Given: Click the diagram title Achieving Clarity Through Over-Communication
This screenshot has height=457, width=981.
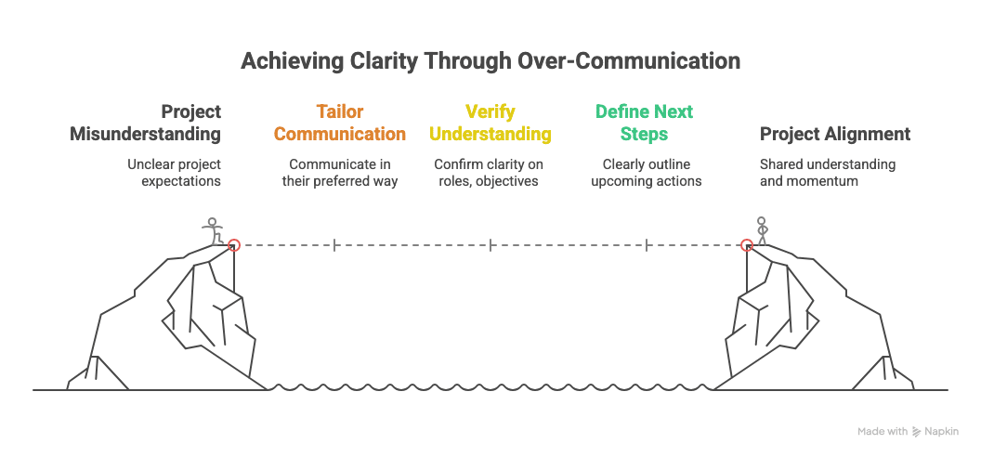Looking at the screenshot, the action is coord(490,61).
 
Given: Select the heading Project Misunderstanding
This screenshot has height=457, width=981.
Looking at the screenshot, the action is coord(145,123).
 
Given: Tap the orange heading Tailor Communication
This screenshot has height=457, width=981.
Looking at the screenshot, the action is coord(340,123).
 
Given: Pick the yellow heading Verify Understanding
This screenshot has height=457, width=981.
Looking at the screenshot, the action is coord(490,123).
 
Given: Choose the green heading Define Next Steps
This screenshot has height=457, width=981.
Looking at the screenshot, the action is coord(644,123).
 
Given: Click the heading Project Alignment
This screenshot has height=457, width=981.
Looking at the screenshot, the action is coord(835,134).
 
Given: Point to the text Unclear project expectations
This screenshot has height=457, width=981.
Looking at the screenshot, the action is coord(174,173).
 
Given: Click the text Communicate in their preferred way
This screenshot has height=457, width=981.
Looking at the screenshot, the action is coord(340,173).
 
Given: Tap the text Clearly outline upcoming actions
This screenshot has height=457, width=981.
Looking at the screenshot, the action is coord(647,173).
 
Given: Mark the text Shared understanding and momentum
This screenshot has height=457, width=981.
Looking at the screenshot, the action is coord(828,173).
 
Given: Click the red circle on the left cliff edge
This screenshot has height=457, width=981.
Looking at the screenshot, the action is coord(234,245).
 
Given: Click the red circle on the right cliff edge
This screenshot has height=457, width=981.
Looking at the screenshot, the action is coord(746,245).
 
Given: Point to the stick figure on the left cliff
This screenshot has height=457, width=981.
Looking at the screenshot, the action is coord(213,231).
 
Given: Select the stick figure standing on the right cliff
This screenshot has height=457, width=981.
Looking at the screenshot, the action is coord(762,230).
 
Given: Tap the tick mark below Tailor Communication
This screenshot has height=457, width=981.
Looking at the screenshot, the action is coord(334,245).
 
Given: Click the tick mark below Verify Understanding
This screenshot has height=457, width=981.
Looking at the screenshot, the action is coord(490,245).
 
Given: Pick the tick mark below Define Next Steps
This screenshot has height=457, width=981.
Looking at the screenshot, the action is coord(647,245).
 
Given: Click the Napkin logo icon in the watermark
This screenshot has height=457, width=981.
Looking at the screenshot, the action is coord(917,431).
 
